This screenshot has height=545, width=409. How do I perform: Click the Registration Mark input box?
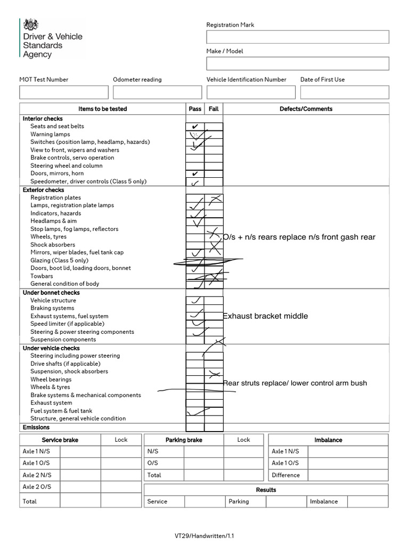(298, 37)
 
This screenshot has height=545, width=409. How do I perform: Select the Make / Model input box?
(298, 63)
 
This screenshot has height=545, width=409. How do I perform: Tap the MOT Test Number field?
(63, 92)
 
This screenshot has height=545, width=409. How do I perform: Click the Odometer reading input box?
(157, 92)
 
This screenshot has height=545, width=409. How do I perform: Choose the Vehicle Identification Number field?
(251, 92)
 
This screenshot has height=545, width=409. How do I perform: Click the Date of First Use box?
(345, 92)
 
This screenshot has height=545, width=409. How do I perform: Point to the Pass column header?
(195, 109)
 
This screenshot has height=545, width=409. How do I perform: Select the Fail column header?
(214, 109)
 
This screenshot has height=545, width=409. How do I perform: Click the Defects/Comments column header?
(306, 109)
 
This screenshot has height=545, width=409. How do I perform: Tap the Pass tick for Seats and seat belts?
(195, 127)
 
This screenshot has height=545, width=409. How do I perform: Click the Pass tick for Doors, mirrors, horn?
(195, 174)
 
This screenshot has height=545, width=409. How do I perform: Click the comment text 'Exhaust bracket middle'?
(265, 316)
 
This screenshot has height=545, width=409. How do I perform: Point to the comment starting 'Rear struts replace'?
(295, 383)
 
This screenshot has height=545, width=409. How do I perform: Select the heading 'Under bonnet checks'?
(51, 293)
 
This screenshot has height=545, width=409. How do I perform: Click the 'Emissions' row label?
(36, 427)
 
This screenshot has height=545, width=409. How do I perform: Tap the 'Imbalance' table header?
(328, 440)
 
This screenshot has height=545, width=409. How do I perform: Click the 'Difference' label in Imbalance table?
(285, 475)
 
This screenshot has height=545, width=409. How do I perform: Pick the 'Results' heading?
(266, 490)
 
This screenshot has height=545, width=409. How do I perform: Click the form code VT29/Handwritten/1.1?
(203, 536)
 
